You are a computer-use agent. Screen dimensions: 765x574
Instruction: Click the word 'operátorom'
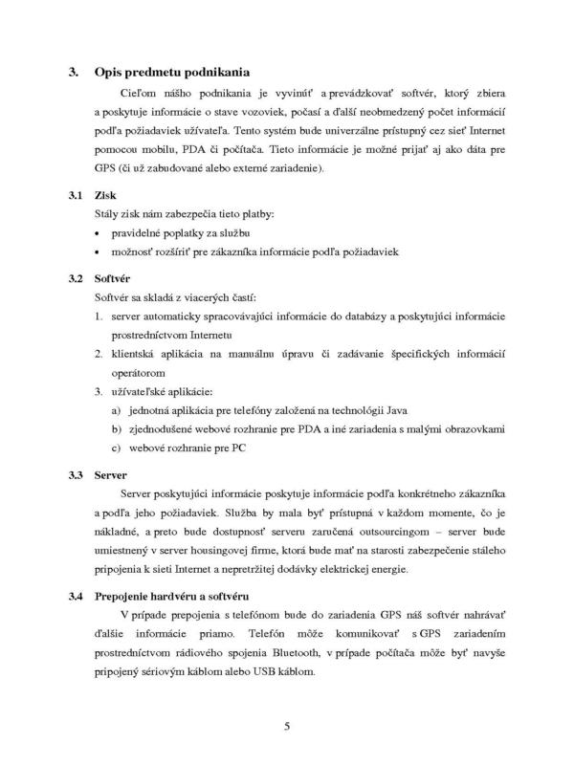(x=143, y=372)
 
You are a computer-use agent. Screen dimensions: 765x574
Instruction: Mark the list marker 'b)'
(x=116, y=428)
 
